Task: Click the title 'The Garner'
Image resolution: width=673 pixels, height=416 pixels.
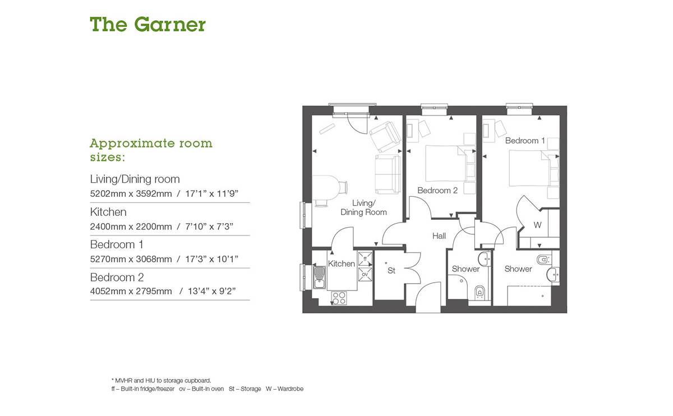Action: click(147, 25)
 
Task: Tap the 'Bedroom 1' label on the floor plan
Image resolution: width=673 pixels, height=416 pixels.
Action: click(525, 141)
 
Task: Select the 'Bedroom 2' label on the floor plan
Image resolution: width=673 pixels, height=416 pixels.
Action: click(437, 191)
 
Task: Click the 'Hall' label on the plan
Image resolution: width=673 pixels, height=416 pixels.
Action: click(439, 236)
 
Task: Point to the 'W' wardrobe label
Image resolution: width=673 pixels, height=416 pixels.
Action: click(537, 225)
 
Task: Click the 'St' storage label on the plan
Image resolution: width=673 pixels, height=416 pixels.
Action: click(391, 271)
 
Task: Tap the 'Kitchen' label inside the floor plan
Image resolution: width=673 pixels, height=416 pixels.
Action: click(342, 264)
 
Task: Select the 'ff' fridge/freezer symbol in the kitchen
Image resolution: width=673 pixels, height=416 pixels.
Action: click(365, 260)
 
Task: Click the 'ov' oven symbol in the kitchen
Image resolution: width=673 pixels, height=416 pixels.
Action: click(365, 275)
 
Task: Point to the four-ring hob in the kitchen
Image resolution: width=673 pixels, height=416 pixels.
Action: click(339, 297)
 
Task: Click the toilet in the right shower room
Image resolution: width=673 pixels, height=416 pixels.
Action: click(542, 260)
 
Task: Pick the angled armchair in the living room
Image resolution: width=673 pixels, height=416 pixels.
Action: click(385, 136)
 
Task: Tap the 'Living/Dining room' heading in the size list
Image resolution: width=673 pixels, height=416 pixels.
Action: click(135, 179)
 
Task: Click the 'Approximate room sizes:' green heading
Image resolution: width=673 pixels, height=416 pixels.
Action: click(151, 150)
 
